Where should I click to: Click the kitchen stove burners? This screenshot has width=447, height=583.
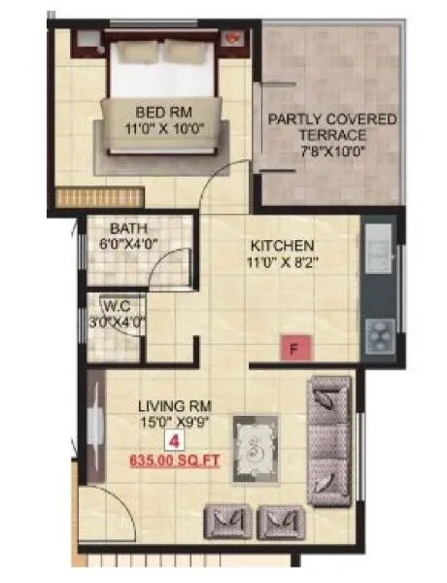[x=377, y=336]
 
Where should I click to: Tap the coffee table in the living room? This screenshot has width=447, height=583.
[x=256, y=447]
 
